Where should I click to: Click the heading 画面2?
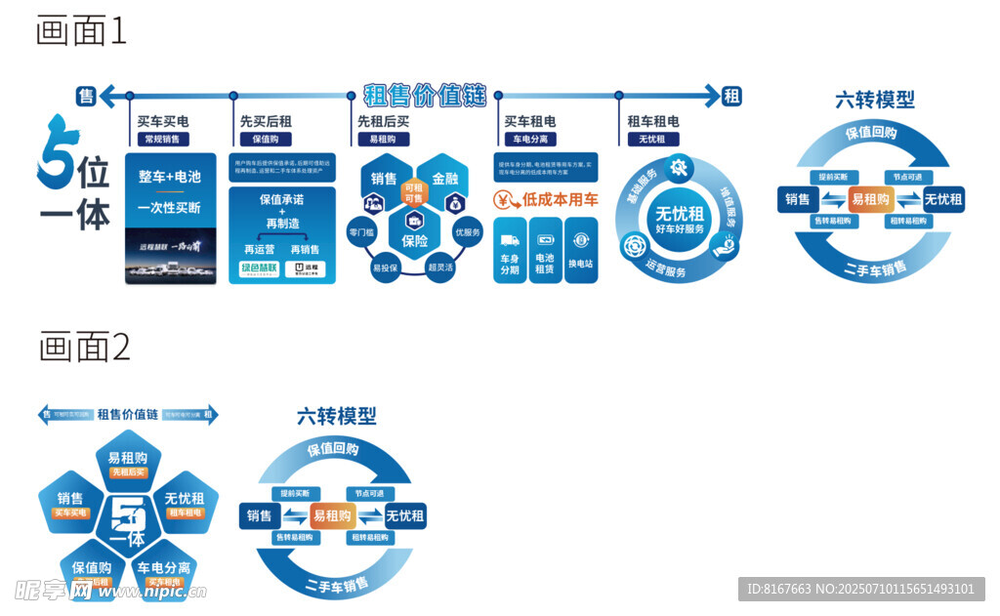(84, 347)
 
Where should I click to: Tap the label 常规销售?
(162, 140)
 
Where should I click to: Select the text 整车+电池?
(170, 177)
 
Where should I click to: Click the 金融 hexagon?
(444, 179)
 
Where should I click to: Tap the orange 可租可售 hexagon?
(414, 193)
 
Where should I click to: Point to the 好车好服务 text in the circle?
(680, 229)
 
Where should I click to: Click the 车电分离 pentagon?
(163, 571)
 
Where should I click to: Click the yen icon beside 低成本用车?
(505, 201)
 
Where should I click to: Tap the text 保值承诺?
(282, 199)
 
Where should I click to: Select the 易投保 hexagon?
(387, 267)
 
